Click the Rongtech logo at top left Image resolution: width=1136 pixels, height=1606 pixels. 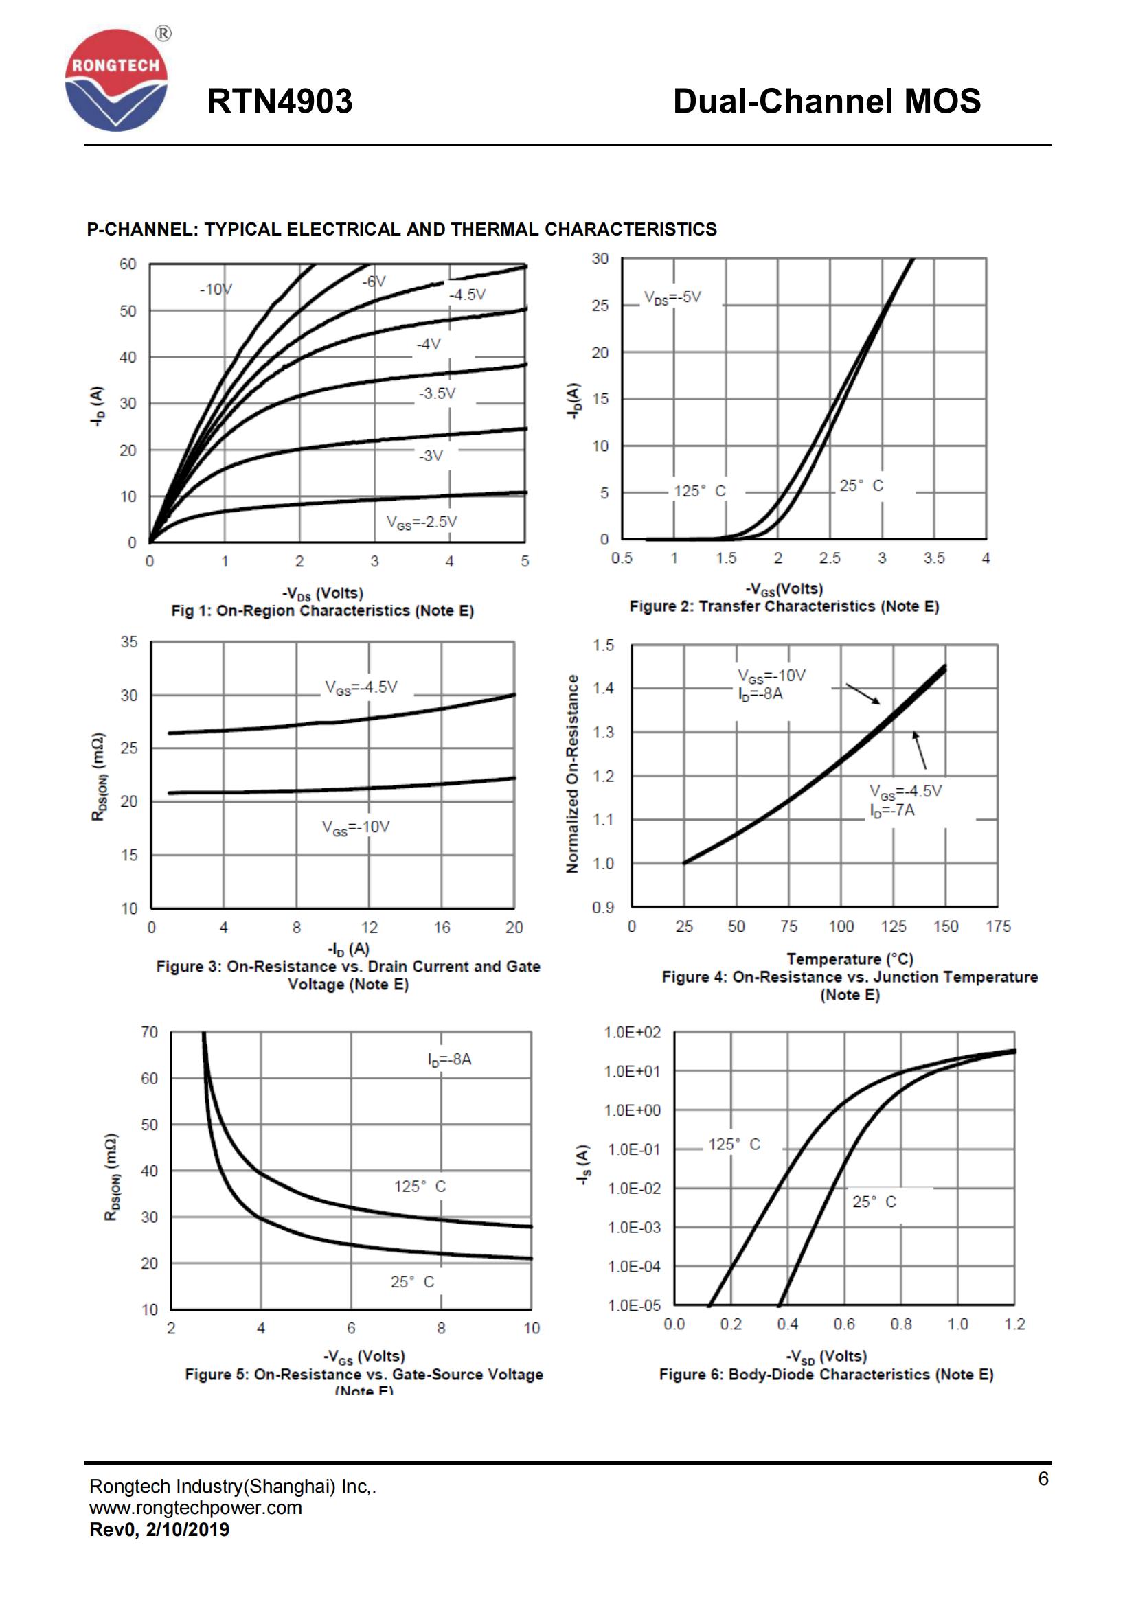pyautogui.click(x=116, y=80)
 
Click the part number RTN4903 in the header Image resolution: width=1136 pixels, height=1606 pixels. pyautogui.click(x=280, y=102)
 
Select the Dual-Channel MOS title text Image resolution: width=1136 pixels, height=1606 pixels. pyautogui.click(x=826, y=102)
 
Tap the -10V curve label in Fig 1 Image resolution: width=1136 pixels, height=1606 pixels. pyautogui.click(x=216, y=289)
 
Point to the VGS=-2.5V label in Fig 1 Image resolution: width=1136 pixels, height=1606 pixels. pyautogui.click(x=422, y=522)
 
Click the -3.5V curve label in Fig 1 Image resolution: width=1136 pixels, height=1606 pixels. pyautogui.click(x=438, y=393)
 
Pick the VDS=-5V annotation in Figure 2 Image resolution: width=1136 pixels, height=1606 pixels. pyautogui.click(x=672, y=297)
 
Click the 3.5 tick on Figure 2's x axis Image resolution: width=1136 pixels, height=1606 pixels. pyautogui.click(x=934, y=558)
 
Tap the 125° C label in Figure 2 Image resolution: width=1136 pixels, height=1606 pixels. pyautogui.click(x=699, y=491)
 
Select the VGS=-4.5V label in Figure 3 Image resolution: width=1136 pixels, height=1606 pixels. pyautogui.click(x=361, y=687)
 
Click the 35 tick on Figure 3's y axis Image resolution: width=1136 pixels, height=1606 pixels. pyautogui.click(x=129, y=642)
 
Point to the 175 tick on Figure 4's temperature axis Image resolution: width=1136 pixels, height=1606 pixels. pyautogui.click(x=998, y=927)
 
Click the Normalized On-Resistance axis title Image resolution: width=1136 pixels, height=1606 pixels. pyautogui.click(x=573, y=774)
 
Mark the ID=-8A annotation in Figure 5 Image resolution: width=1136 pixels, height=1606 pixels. pyautogui.click(x=450, y=1059)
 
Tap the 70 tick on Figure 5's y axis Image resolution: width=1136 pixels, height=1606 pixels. pyautogui.click(x=150, y=1033)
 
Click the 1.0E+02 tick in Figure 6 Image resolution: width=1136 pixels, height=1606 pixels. pyautogui.click(x=633, y=1033)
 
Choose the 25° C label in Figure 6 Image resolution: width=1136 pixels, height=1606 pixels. pyautogui.click(x=874, y=1202)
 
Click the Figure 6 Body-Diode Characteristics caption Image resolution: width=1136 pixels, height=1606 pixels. pyautogui.click(x=826, y=1375)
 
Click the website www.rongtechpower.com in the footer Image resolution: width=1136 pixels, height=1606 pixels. pyautogui.click(x=196, y=1507)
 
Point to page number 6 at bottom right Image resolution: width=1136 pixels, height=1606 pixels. pyautogui.click(x=1043, y=1478)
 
